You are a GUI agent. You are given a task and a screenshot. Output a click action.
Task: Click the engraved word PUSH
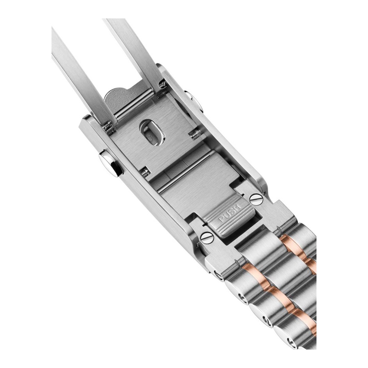[x=230, y=213]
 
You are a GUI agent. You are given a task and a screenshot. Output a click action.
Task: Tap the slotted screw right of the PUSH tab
[x=256, y=199]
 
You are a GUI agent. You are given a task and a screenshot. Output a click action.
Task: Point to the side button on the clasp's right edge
[x=194, y=101]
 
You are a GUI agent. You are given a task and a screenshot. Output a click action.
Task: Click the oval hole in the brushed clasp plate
[x=152, y=133]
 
